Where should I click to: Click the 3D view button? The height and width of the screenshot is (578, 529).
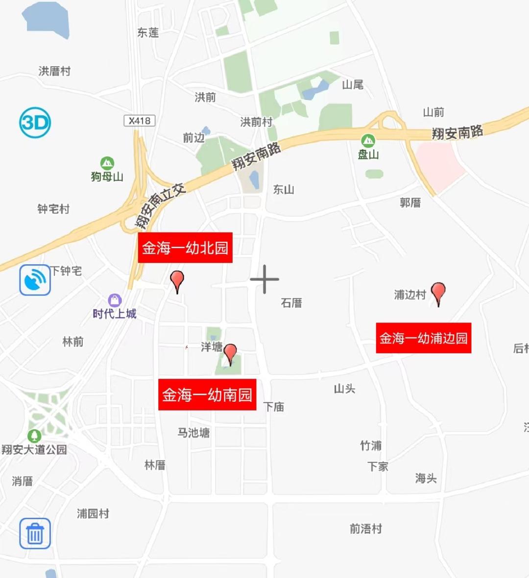[x=35, y=122]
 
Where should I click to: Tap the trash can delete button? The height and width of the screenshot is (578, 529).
[x=35, y=533]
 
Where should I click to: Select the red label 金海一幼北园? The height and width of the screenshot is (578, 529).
[x=185, y=248]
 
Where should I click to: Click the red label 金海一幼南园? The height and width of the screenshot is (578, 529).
[x=207, y=394]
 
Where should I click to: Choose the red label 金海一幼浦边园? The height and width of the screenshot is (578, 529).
[x=424, y=338]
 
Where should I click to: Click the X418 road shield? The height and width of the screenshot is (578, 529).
[x=140, y=120]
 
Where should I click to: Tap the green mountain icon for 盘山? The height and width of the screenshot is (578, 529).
[x=368, y=141]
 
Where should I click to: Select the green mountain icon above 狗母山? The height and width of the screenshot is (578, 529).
[x=107, y=163]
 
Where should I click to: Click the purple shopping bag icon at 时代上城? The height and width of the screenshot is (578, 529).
[x=115, y=300]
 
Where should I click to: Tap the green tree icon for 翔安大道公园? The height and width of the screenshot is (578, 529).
[x=34, y=436]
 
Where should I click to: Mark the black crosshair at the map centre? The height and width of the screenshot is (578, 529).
[x=264, y=279]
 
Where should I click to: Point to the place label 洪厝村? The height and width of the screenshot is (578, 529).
[x=54, y=71]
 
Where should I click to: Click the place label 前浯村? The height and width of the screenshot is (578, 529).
[x=365, y=529]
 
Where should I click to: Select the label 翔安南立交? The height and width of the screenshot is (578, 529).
[x=160, y=206]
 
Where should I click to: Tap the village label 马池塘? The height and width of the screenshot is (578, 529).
[x=193, y=433]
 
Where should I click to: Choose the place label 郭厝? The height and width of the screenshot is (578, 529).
[x=410, y=203]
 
